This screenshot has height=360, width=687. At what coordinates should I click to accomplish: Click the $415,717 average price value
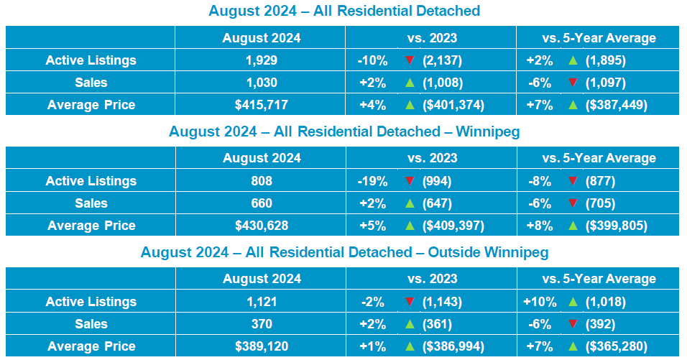(x=262, y=105)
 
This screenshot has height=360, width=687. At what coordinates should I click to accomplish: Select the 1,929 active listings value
(x=262, y=60)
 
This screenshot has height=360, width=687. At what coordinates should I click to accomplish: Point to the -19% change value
(x=372, y=181)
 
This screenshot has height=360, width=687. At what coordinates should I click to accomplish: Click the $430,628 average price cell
(x=262, y=226)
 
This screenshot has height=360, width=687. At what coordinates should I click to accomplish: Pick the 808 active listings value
(x=262, y=181)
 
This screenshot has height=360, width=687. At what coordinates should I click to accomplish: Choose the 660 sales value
(x=262, y=203)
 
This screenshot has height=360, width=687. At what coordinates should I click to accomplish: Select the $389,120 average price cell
(x=262, y=346)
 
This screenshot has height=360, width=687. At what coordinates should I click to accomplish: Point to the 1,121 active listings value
(x=262, y=302)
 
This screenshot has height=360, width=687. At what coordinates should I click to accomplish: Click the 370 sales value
(x=262, y=324)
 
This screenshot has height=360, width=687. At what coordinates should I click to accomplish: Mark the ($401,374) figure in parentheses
(x=453, y=105)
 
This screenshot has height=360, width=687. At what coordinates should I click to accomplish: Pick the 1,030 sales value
(x=262, y=83)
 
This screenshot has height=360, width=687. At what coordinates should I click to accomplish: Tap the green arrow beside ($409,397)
(x=410, y=226)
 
